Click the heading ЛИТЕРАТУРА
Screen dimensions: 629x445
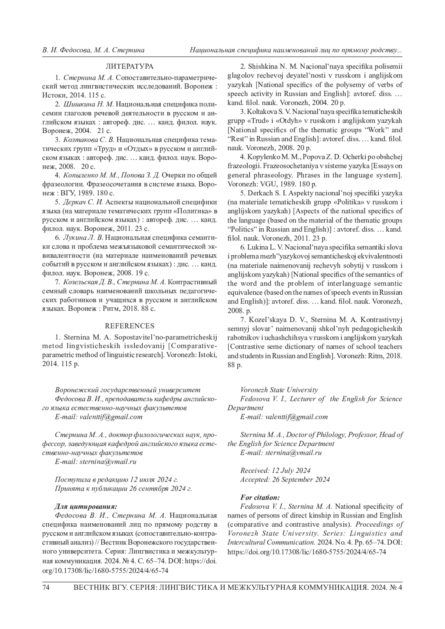129,67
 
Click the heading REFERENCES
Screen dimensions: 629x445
129,326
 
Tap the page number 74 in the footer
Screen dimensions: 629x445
46,588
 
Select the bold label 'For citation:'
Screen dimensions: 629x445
260,497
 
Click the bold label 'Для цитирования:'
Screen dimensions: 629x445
86,506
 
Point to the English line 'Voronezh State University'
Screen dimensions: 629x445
279,390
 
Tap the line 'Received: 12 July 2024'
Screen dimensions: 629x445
275,471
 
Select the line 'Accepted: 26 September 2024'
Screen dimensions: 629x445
285,480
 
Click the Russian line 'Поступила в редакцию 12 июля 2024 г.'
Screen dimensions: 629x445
116,480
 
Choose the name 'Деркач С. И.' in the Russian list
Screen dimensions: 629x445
84,202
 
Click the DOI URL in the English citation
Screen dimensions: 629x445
307,552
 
